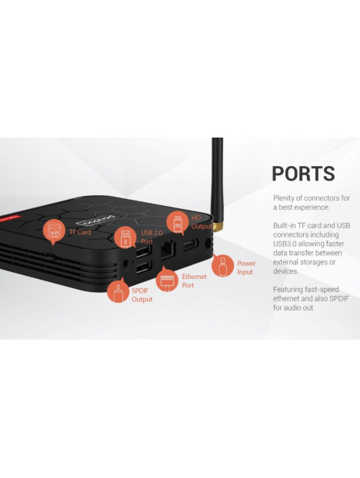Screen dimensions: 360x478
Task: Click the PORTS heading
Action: click(x=303, y=174)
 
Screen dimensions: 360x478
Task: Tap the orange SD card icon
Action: click(x=55, y=231)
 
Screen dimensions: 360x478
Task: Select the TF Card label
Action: click(x=80, y=232)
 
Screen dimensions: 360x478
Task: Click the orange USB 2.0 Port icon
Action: click(x=125, y=237)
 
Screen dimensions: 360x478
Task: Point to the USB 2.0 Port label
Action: click(x=152, y=237)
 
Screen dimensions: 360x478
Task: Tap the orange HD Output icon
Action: click(x=178, y=222)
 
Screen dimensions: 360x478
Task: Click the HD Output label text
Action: click(x=202, y=222)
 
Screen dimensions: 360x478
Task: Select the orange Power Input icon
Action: click(x=223, y=265)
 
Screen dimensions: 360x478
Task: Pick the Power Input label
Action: click(x=246, y=267)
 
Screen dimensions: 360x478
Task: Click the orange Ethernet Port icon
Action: click(x=167, y=279)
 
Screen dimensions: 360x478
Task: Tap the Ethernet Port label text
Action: click(x=194, y=280)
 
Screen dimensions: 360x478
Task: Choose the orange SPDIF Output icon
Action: click(x=118, y=290)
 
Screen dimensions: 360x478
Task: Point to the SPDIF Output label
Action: click(x=142, y=295)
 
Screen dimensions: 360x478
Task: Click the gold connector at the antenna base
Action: click(x=218, y=227)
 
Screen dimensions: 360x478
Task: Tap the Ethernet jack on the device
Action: click(x=168, y=249)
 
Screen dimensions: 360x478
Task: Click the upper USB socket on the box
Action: click(x=143, y=251)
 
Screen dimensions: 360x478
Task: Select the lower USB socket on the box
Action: click(x=143, y=267)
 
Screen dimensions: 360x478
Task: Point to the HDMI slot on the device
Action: click(x=190, y=245)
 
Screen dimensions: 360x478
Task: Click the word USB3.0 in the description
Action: click(x=285, y=244)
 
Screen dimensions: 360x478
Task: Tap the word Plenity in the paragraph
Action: click(x=284, y=198)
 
